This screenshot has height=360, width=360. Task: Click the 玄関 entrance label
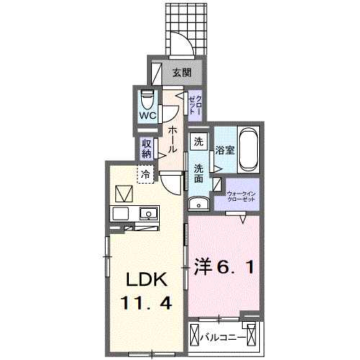point(181,72)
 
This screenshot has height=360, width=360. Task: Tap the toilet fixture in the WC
point(147,96)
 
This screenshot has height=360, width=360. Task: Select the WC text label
point(148,115)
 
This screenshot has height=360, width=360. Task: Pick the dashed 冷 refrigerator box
point(146,174)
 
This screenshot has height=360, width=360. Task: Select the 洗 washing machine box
point(199,142)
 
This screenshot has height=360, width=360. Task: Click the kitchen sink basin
point(149,213)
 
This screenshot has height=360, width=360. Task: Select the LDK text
point(148,279)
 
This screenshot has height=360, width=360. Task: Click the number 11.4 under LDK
point(148,304)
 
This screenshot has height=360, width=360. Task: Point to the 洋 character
point(204,267)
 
